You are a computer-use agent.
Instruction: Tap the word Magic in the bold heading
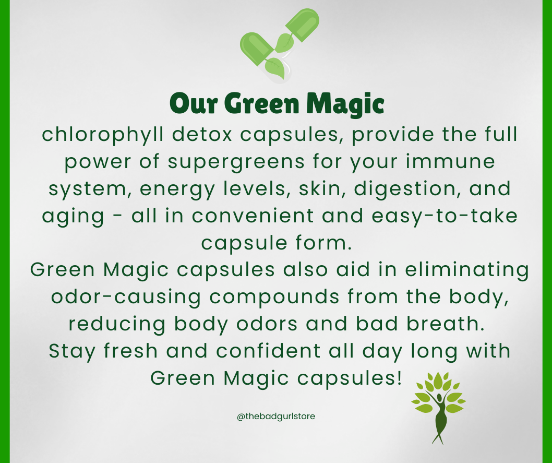[345, 103]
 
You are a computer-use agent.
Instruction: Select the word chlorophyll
[103, 135]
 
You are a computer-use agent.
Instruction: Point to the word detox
[202, 135]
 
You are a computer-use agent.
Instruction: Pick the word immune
[450, 162]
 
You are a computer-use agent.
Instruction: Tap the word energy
[177, 189]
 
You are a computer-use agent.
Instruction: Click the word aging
[73, 217]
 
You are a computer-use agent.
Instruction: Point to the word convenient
[253, 216]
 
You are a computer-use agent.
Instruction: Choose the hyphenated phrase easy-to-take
[445, 216]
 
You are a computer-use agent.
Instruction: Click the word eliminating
[467, 270]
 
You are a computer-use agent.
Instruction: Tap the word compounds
[274, 297]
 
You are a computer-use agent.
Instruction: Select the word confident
[268, 351]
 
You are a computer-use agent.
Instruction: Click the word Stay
[72, 352]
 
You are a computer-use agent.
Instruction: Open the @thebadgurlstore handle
[276, 417]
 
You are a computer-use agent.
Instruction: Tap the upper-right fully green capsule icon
[303, 25]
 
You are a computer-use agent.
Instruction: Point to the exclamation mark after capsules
[399, 377]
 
